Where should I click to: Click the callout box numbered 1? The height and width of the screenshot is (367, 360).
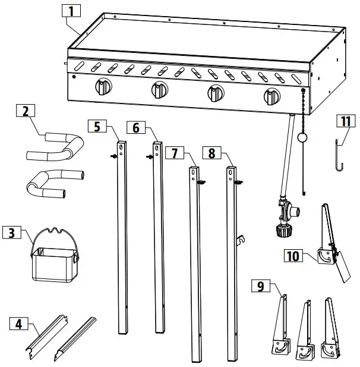[x=71, y=11]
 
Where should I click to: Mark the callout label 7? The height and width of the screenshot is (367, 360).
[x=173, y=153]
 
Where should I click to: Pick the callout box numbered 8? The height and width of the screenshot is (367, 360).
[x=211, y=153]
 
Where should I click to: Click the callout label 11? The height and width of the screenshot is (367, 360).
[x=345, y=121]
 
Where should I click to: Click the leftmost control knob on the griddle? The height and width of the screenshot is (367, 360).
[x=103, y=88]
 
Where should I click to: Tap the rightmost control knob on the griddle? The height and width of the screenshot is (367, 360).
[x=272, y=95]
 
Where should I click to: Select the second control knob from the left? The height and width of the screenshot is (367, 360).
[x=159, y=90]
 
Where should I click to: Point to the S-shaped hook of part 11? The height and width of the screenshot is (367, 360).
[x=339, y=153]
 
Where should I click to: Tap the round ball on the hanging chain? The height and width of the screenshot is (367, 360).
[x=302, y=138]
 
